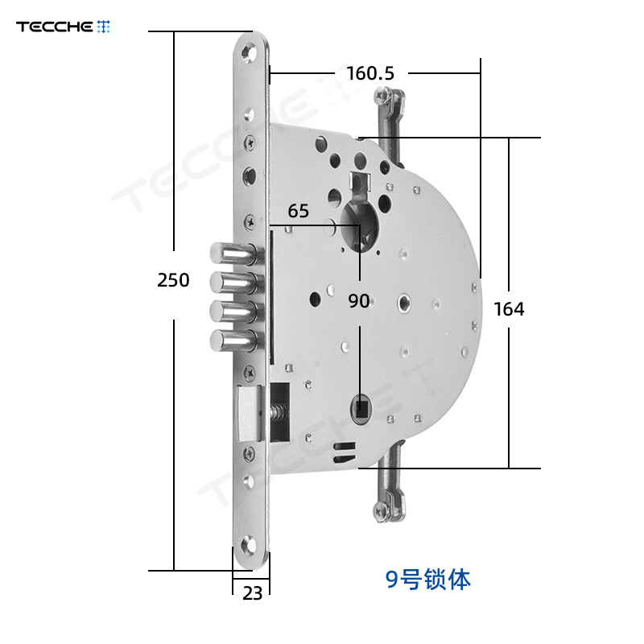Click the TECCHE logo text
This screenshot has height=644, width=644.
[55, 27]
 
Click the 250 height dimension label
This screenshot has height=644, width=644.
[173, 280]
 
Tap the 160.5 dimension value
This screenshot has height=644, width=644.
[370, 73]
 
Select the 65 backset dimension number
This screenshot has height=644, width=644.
[298, 211]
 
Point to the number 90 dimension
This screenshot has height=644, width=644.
[358, 301]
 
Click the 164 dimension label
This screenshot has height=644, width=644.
[509, 309]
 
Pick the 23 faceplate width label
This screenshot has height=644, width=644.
[252, 593]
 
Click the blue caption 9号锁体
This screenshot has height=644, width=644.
[428, 580]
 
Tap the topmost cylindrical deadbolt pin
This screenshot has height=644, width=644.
[233, 253]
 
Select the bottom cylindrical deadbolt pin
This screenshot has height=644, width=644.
[233, 341]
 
